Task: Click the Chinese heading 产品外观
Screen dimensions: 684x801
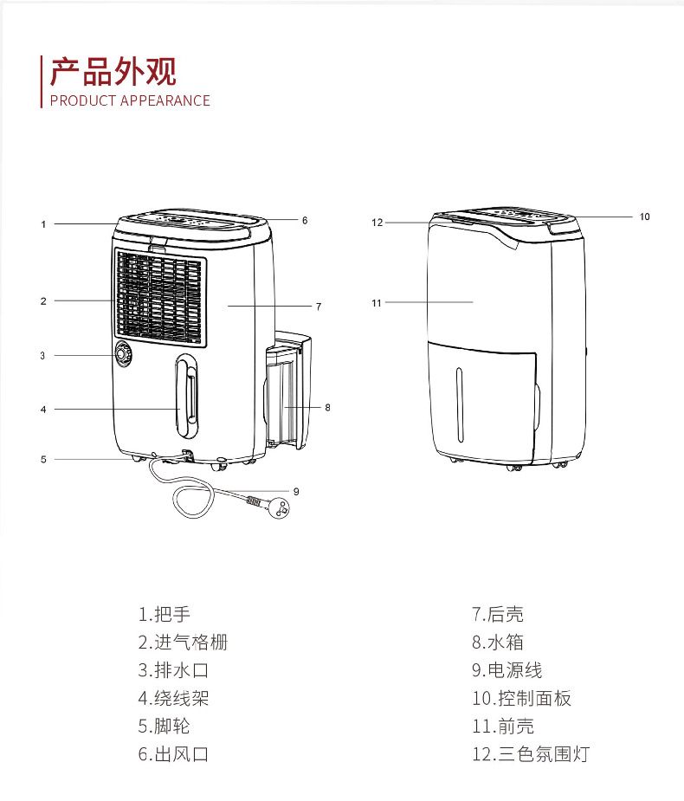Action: pyautogui.click(x=113, y=72)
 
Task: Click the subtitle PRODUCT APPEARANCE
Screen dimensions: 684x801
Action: pyautogui.click(x=130, y=100)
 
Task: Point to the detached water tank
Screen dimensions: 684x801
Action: pyautogui.click(x=287, y=394)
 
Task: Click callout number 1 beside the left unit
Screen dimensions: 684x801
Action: pyautogui.click(x=43, y=224)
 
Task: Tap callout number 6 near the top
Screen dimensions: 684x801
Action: pyautogui.click(x=305, y=220)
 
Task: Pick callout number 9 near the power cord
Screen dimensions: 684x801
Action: pyautogui.click(x=296, y=491)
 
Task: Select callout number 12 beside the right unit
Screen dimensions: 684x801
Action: pyautogui.click(x=377, y=223)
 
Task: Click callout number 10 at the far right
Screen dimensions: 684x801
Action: pyautogui.click(x=644, y=216)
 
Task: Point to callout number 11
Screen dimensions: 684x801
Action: pyautogui.click(x=377, y=303)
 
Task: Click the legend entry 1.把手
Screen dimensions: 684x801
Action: pyautogui.click(x=164, y=615)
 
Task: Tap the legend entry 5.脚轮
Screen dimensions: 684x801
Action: pyautogui.click(x=164, y=726)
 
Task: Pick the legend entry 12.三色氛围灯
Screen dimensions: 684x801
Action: pyautogui.click(x=530, y=753)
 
